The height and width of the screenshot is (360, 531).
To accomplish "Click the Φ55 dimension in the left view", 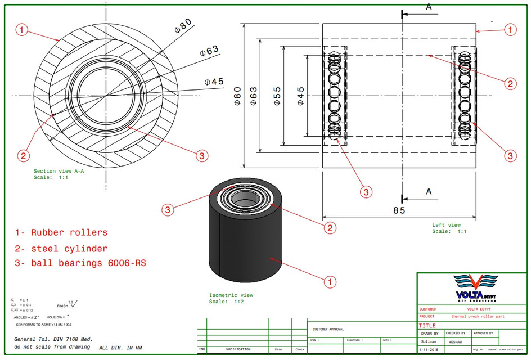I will (x=277, y=97).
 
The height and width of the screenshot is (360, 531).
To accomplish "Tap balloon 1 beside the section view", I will (x=21, y=30).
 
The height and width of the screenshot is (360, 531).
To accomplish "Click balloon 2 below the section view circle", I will (x=24, y=155).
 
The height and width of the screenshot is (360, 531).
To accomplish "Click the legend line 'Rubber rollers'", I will (x=61, y=232).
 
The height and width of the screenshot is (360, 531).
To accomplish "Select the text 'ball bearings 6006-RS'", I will (x=80, y=263).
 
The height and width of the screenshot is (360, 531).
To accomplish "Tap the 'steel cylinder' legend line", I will (x=61, y=248).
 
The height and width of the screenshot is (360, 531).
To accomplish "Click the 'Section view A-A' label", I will (x=58, y=172).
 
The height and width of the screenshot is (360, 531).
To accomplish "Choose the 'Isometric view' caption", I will (x=231, y=295).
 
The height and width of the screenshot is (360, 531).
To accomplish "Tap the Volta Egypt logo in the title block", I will (x=472, y=288).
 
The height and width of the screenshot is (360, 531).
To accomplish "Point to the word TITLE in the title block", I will (x=427, y=325).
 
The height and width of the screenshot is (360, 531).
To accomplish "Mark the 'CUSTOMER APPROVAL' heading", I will (x=328, y=329).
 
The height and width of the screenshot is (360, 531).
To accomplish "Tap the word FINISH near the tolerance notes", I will (x=62, y=306).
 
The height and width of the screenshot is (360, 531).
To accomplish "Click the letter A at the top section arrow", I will (x=429, y=7).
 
